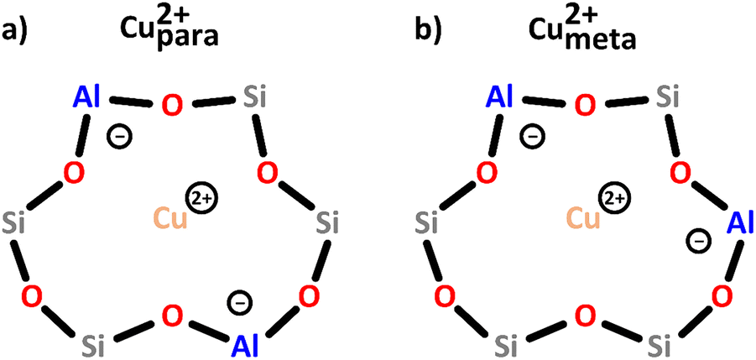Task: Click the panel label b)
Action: point(428,31)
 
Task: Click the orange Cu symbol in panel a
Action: point(169,219)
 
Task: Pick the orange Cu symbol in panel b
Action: point(583,217)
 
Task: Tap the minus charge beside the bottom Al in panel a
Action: point(238,303)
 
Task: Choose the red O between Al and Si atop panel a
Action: point(172,105)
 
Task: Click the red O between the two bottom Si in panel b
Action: point(584,316)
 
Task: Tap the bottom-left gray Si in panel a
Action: point(92,342)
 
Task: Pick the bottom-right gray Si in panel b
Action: point(660,343)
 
